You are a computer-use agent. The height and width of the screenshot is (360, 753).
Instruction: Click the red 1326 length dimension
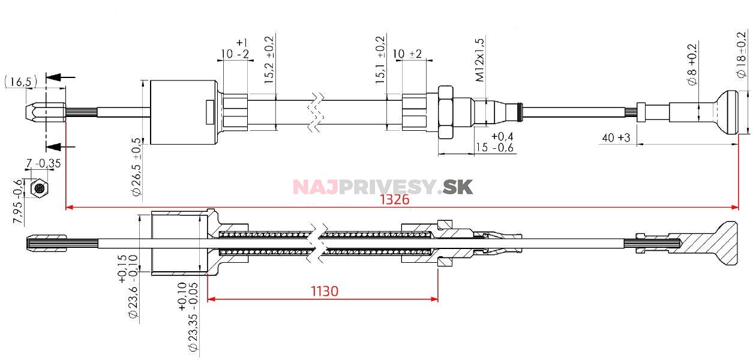click(394, 200)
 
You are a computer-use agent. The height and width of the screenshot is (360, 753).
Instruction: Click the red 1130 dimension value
click(324, 292)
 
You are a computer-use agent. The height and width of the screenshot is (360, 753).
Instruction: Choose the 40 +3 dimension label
click(614, 138)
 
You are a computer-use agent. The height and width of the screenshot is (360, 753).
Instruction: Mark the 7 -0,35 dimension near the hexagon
click(43, 163)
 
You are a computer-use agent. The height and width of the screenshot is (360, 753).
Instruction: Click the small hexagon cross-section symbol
click(40, 188)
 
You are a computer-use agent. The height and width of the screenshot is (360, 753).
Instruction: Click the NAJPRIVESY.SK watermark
click(383, 187)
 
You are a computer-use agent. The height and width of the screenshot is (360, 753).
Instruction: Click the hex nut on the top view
click(446, 112)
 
